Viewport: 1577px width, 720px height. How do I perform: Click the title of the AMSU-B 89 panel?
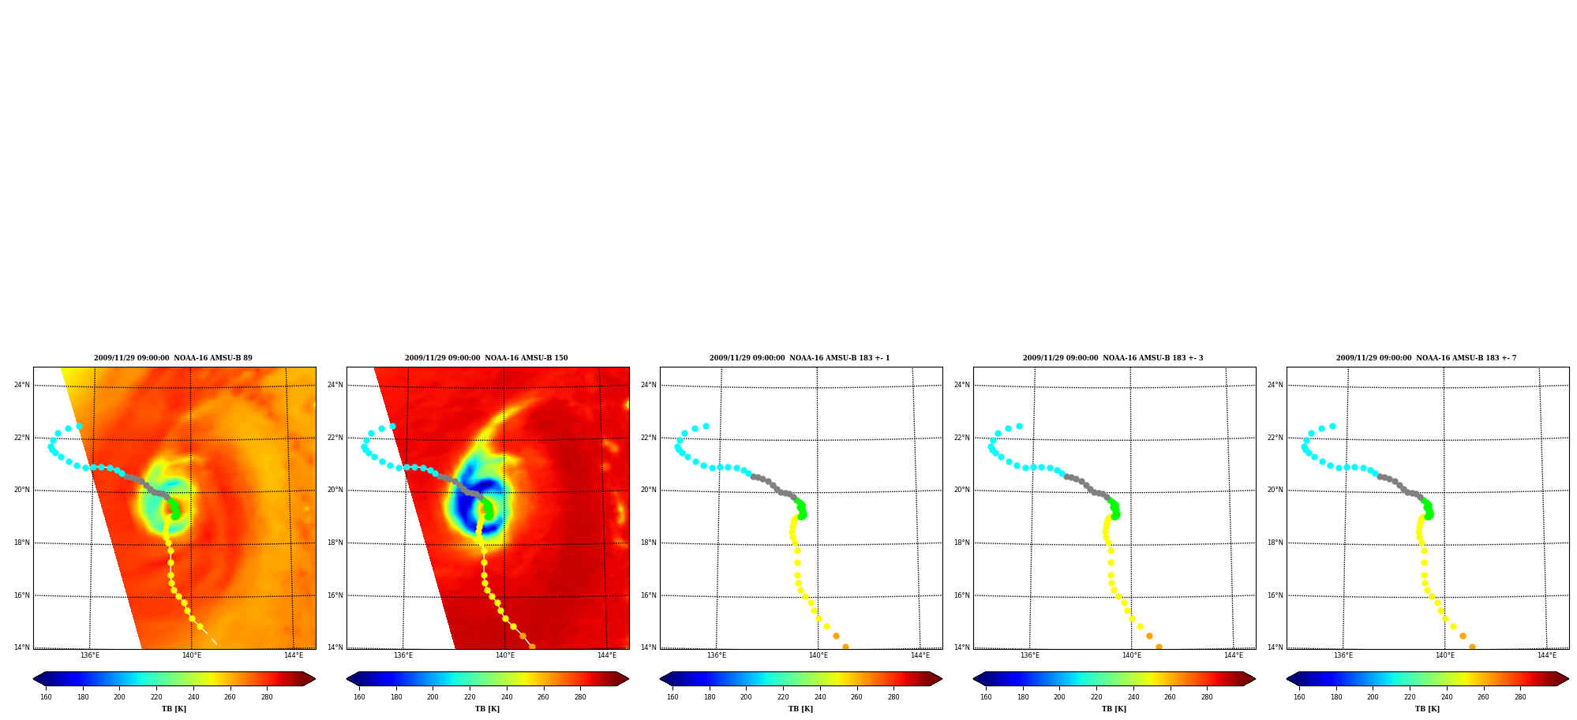174,358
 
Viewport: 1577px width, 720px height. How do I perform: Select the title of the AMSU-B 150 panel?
486,358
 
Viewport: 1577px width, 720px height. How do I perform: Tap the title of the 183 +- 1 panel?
800,358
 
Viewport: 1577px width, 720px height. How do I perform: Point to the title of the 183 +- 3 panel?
1113,358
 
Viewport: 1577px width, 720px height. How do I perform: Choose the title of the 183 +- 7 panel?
1426,358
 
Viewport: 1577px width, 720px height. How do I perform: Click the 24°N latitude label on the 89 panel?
22,385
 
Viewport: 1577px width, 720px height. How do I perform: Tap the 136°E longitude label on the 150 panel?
403,655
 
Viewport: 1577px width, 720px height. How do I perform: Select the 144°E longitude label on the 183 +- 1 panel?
920,655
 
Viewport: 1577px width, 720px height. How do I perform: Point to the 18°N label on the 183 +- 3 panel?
962,543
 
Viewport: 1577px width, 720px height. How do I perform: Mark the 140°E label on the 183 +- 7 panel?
1445,655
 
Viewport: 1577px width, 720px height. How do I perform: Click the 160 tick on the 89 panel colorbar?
46,697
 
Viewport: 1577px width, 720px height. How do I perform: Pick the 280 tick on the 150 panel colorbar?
580,697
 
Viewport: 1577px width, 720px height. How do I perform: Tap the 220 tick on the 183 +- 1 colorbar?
783,697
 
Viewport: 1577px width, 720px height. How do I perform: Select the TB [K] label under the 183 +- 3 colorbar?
1114,709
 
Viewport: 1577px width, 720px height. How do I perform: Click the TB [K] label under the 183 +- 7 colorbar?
1427,709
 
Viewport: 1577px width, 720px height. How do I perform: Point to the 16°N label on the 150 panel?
335,595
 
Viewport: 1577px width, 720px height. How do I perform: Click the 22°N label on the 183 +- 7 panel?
1275,438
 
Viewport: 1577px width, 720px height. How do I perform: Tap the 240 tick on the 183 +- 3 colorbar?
1133,697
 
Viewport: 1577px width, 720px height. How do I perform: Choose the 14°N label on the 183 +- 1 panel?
649,647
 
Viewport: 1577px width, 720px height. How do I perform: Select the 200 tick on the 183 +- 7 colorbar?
1373,697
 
